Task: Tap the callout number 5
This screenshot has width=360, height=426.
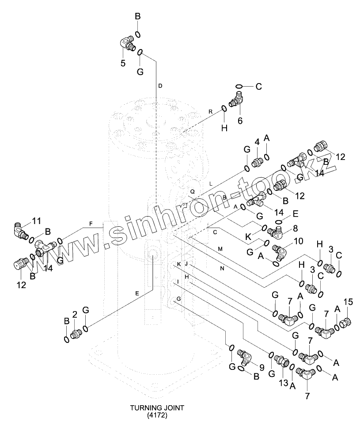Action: (x=123, y=63)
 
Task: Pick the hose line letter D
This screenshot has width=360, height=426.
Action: (x=160, y=85)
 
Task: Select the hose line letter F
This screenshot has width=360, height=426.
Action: (x=91, y=224)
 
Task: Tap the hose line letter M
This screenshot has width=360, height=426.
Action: (x=220, y=249)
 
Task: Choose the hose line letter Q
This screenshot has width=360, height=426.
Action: (x=192, y=191)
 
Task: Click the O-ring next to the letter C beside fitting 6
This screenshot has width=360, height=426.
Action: (x=239, y=86)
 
